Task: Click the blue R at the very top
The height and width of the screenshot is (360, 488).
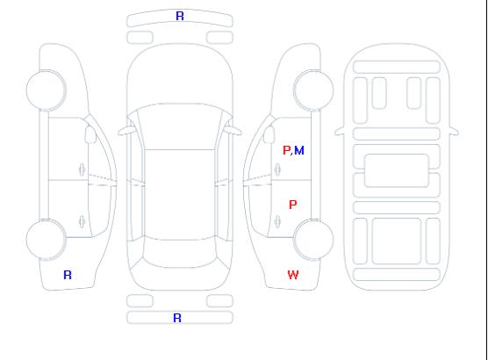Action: click(180, 16)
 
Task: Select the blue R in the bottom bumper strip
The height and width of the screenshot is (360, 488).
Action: click(177, 318)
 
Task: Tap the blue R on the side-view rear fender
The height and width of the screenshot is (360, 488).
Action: click(68, 275)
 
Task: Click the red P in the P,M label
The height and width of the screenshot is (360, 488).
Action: click(286, 150)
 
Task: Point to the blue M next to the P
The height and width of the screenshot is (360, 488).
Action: click(299, 150)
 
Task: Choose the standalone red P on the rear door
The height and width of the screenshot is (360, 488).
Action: click(293, 205)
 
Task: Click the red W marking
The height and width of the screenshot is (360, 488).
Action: click(293, 275)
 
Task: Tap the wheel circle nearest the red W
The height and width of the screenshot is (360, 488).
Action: click(313, 239)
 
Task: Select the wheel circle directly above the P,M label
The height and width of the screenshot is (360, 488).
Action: click(313, 90)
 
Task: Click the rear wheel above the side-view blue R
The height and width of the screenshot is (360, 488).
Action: click(46, 239)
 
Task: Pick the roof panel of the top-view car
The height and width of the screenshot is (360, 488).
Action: click(180, 195)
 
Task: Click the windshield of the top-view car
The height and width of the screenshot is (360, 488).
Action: click(180, 126)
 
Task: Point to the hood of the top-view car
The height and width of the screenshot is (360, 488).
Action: click(180, 75)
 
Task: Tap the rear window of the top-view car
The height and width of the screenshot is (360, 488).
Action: click(180, 253)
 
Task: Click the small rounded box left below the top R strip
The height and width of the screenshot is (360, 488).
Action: click(140, 38)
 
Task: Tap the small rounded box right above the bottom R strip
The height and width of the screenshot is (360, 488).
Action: click(219, 301)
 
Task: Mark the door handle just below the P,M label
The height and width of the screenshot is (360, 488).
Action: click(277, 169)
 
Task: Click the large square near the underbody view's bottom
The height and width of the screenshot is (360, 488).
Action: click(397, 241)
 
